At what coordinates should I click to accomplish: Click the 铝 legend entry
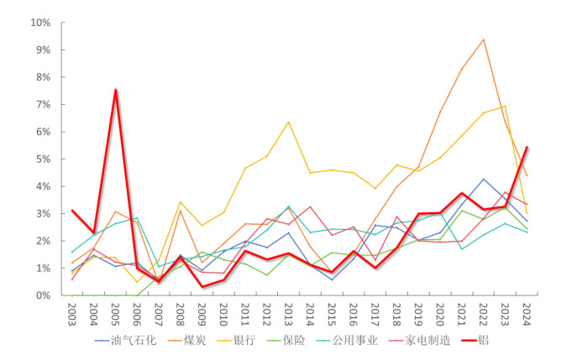[483, 341]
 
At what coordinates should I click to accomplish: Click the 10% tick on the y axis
[42, 23]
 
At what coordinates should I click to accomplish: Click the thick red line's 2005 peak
[116, 90]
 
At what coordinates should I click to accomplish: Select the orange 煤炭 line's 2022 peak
[483, 39]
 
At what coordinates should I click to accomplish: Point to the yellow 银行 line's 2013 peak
[289, 122]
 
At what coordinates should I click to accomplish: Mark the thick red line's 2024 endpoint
[527, 147]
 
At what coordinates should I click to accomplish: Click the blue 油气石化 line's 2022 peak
[483, 179]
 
